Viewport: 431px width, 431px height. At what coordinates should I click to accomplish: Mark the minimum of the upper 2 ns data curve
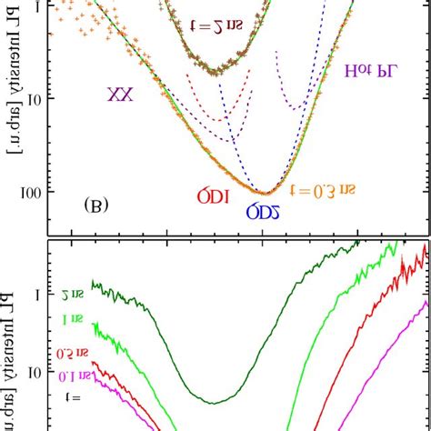pos(215,71)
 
